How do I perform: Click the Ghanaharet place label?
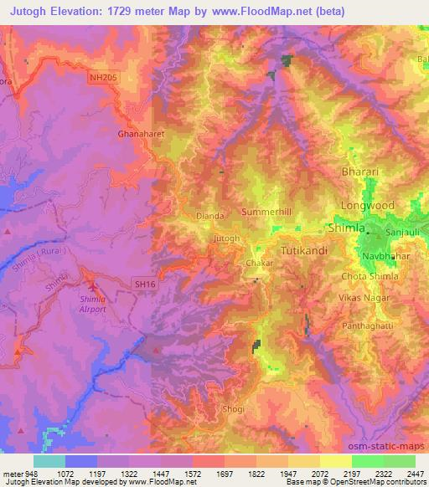click(x=138, y=133)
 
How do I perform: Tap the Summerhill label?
click(x=266, y=213)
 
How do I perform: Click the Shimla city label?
click(x=344, y=228)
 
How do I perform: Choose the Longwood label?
click(x=367, y=205)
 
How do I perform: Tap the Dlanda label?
click(x=209, y=216)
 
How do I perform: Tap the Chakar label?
click(x=256, y=263)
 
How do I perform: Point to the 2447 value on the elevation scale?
click(x=416, y=473)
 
